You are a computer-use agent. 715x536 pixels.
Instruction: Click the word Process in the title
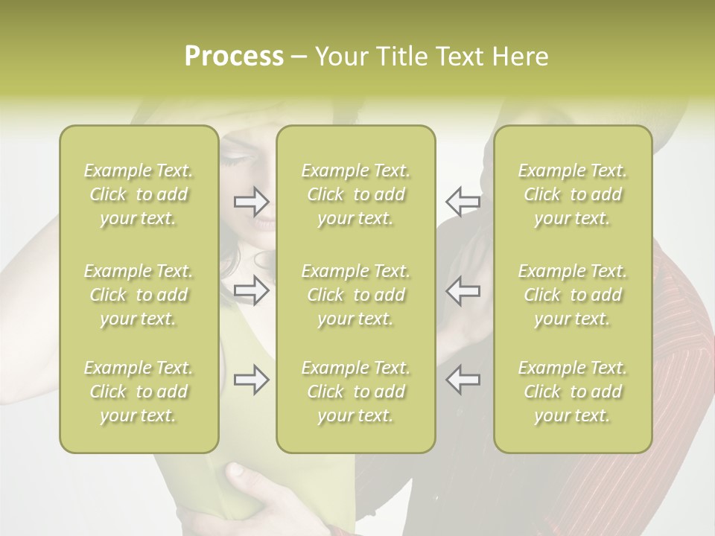(234, 57)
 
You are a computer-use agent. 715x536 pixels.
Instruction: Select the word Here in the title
(521, 57)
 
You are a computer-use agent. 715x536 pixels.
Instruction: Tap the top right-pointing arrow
(252, 201)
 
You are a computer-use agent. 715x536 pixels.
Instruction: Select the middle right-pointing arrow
(252, 290)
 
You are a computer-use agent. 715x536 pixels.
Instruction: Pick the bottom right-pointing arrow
(252, 380)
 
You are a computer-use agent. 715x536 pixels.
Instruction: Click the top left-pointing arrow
(463, 201)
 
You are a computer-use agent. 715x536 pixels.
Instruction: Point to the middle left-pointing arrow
(463, 290)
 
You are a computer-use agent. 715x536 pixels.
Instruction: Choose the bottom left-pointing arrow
(463, 380)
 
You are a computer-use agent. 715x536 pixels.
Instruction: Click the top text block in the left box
(139, 194)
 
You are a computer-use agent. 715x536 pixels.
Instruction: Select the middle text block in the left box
(139, 295)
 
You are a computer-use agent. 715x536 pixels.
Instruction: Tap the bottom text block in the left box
(139, 392)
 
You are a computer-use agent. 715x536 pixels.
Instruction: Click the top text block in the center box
(356, 194)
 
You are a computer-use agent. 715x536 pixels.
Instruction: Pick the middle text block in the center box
(356, 295)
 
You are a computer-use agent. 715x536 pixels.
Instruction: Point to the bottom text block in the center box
(356, 392)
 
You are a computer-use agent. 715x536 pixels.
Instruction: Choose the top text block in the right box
(573, 194)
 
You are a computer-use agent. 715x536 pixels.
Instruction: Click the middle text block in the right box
(573, 295)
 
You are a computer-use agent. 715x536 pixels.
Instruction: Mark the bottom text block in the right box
(573, 392)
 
